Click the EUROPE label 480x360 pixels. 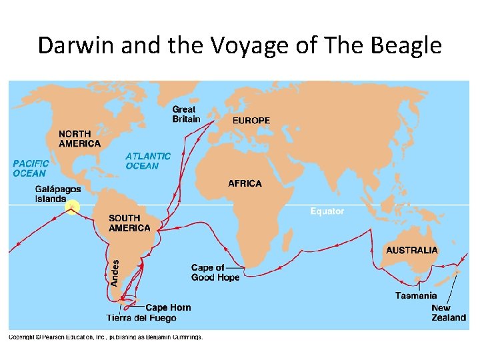point(251,121)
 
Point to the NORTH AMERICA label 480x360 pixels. point(79,139)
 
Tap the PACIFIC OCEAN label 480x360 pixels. point(31,168)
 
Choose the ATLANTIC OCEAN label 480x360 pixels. point(148,161)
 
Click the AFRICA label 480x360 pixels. point(245,183)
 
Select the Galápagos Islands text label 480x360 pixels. point(58,194)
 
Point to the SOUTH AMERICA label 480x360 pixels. point(130,223)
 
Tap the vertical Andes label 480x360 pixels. point(114,273)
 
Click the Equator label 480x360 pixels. point(327,211)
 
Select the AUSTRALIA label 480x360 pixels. point(412,250)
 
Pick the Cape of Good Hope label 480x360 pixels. point(215,273)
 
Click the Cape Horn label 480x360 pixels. point(168,307)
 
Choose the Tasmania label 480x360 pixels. point(416,295)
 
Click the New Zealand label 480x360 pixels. point(449,313)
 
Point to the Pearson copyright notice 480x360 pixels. point(105,337)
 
